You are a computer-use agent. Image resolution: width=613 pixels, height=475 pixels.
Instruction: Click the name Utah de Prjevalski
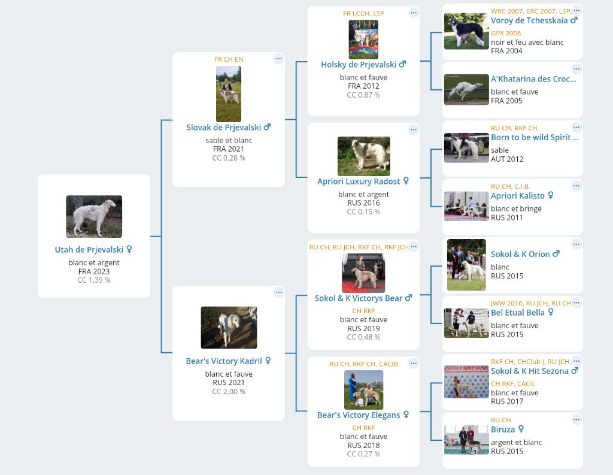click(x=89, y=250)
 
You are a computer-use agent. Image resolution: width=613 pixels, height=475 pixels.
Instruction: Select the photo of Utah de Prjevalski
click(x=94, y=216)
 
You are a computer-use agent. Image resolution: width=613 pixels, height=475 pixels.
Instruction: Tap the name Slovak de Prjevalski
click(x=224, y=128)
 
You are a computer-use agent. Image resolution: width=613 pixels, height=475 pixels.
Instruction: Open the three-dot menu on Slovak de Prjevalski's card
click(x=278, y=59)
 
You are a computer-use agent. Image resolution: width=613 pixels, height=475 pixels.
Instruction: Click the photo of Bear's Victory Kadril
click(x=229, y=328)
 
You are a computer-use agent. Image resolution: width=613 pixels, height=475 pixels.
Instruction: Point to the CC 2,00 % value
click(x=229, y=392)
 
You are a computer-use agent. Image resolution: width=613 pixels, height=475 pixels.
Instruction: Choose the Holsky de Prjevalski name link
click(x=359, y=65)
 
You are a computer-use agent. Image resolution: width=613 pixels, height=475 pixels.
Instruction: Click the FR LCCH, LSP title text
click(x=363, y=13)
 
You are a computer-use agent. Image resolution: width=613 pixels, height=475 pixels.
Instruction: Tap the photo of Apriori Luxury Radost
click(x=363, y=156)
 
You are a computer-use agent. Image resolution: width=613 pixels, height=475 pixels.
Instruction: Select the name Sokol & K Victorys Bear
click(x=359, y=298)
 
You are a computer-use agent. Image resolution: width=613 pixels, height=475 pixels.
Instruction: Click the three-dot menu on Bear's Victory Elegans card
click(x=413, y=364)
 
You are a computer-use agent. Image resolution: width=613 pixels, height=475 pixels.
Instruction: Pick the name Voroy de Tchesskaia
click(x=529, y=21)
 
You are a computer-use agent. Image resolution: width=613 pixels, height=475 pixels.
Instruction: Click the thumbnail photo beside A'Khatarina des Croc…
click(x=466, y=90)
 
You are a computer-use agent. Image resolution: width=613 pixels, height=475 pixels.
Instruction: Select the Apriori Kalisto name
click(x=518, y=196)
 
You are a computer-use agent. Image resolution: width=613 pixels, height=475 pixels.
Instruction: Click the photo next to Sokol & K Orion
click(x=466, y=265)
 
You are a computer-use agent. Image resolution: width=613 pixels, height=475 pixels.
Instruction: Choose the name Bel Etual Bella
click(x=518, y=313)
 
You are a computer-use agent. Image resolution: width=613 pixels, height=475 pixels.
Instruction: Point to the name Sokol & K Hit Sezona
click(x=530, y=371)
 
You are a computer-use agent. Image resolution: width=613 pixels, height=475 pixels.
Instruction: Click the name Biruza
click(x=503, y=429)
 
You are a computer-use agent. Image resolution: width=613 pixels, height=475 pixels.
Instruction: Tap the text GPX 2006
click(x=506, y=34)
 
